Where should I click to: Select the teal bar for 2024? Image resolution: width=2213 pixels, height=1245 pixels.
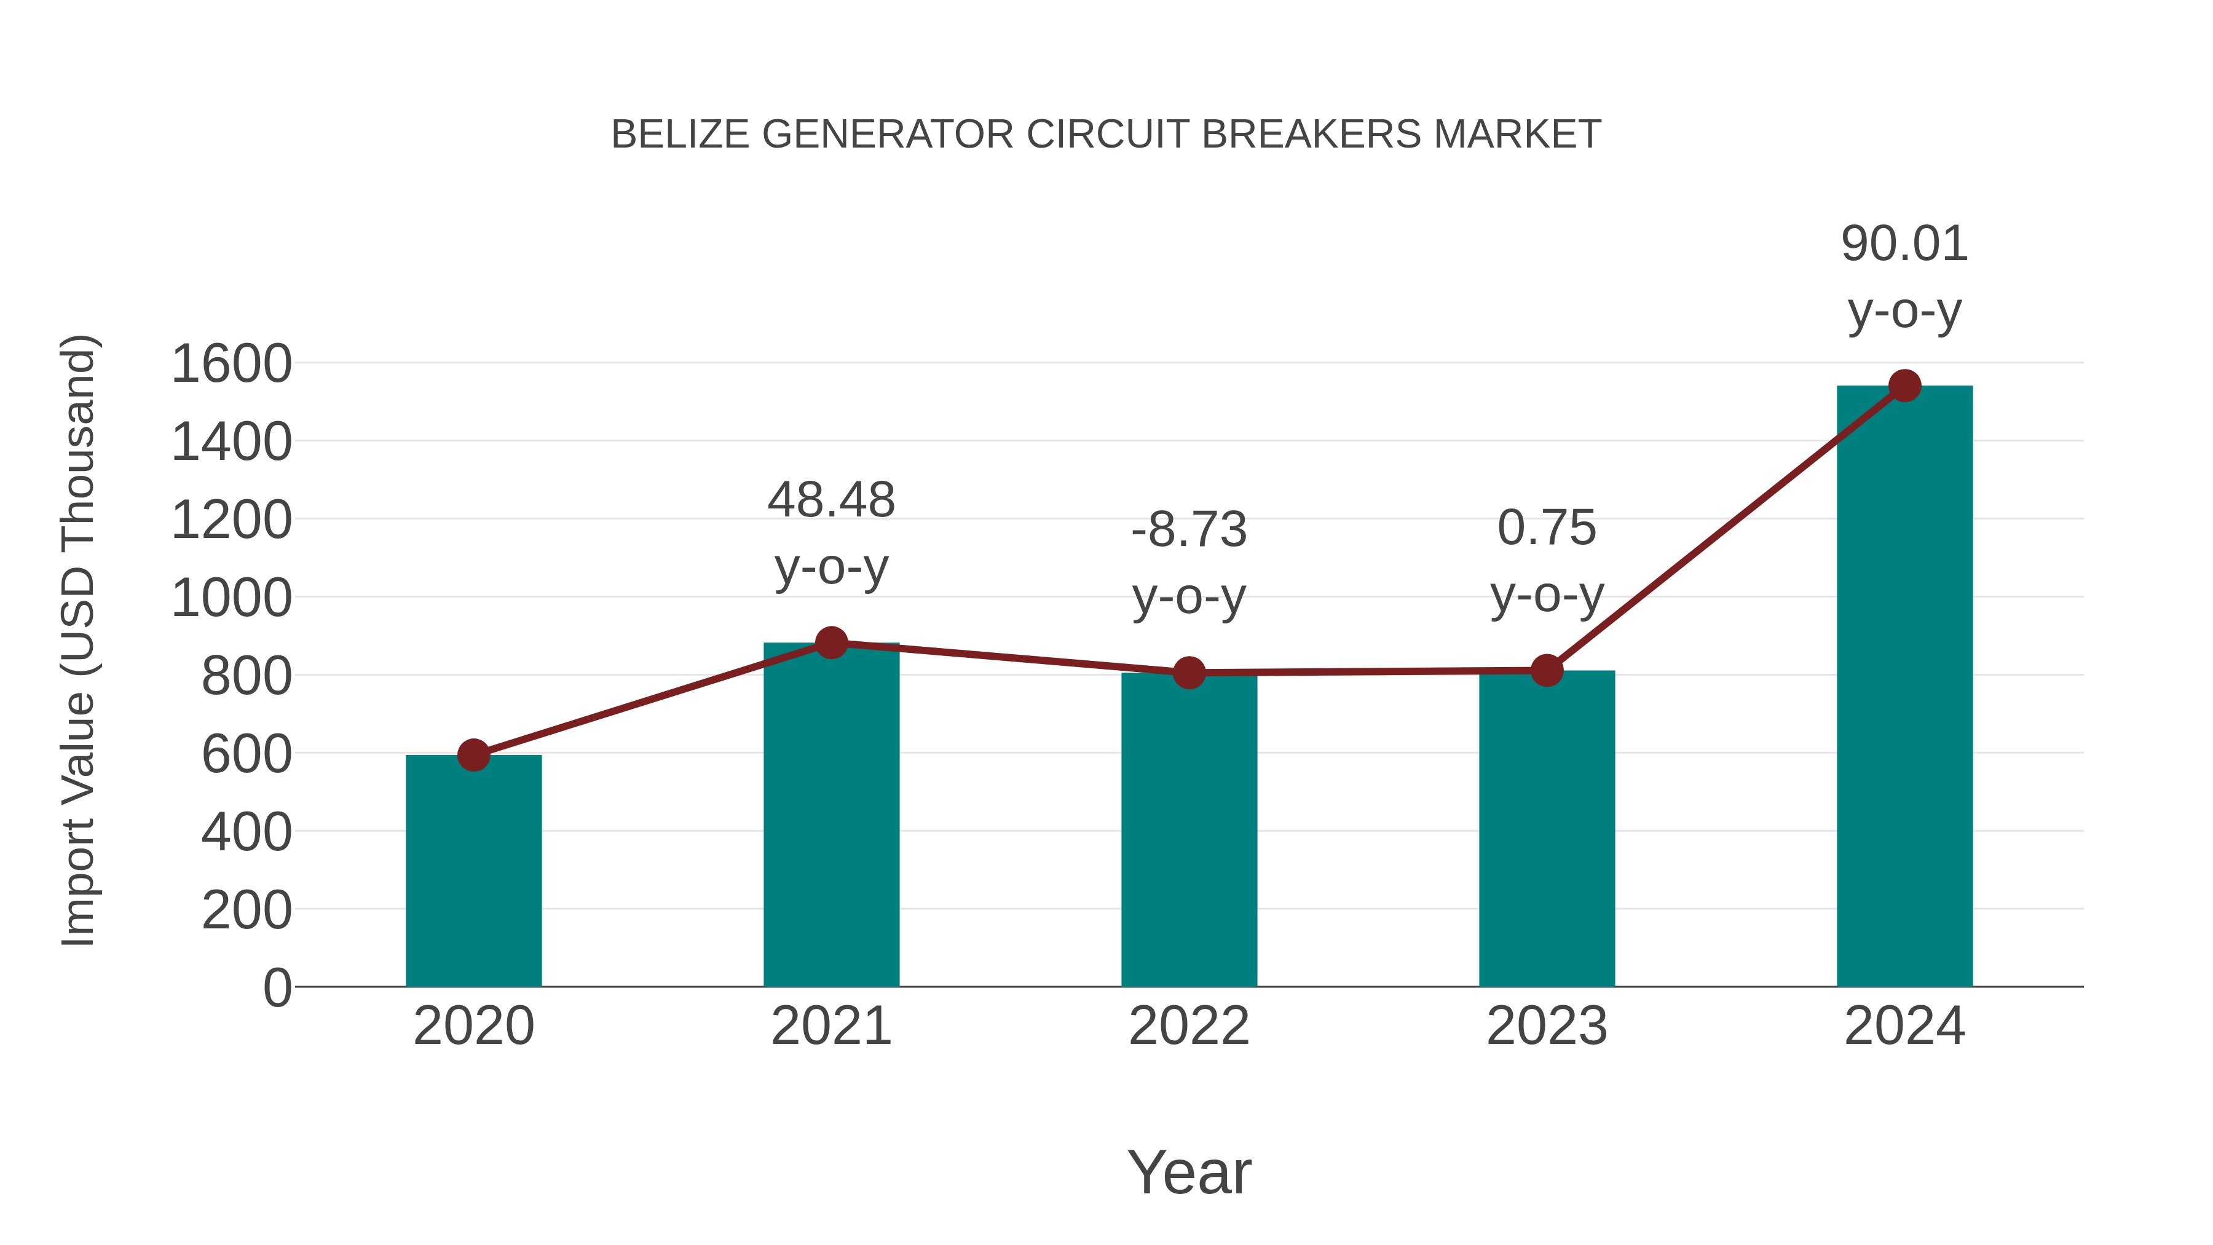tap(1904, 687)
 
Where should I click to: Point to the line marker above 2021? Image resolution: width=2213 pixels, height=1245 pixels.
tap(830, 642)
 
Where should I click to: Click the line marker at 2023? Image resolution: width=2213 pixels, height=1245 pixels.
tap(1547, 670)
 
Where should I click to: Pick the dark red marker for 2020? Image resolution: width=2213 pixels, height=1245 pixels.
tap(473, 755)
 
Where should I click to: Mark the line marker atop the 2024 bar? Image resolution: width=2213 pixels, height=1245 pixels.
tap(1904, 385)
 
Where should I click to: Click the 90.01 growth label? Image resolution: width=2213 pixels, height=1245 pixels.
tap(1904, 244)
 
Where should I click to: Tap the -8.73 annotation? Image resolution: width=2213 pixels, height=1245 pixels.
tap(1188, 529)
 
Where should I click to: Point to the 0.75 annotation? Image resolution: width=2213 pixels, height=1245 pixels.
tap(1547, 528)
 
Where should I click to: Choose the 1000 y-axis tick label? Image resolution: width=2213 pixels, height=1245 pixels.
tap(231, 598)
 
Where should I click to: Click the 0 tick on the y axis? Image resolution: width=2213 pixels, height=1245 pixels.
tap(277, 987)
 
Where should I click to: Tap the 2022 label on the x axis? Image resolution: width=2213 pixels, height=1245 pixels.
tap(1188, 1026)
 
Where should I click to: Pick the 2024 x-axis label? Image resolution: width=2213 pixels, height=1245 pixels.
tap(1904, 1026)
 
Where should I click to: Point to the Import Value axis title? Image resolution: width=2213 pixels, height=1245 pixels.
tap(77, 640)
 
